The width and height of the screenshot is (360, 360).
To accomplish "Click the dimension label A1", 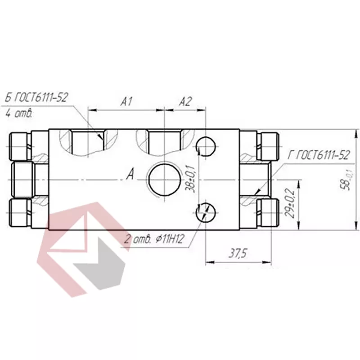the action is click(126, 102).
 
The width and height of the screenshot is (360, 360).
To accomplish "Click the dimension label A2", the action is click(185, 102).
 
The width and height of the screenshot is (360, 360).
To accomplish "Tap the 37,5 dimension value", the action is click(238, 253).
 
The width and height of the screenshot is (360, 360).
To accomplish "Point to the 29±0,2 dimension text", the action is click(289, 203).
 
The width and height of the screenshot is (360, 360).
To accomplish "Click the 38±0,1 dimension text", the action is click(190, 178).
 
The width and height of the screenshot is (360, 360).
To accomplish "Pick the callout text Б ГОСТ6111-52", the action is click(36, 97).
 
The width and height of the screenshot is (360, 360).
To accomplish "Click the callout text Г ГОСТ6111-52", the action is click(319, 155).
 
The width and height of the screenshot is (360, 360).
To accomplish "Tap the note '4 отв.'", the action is click(18, 113).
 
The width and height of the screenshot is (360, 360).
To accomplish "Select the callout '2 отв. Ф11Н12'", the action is click(154, 239).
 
